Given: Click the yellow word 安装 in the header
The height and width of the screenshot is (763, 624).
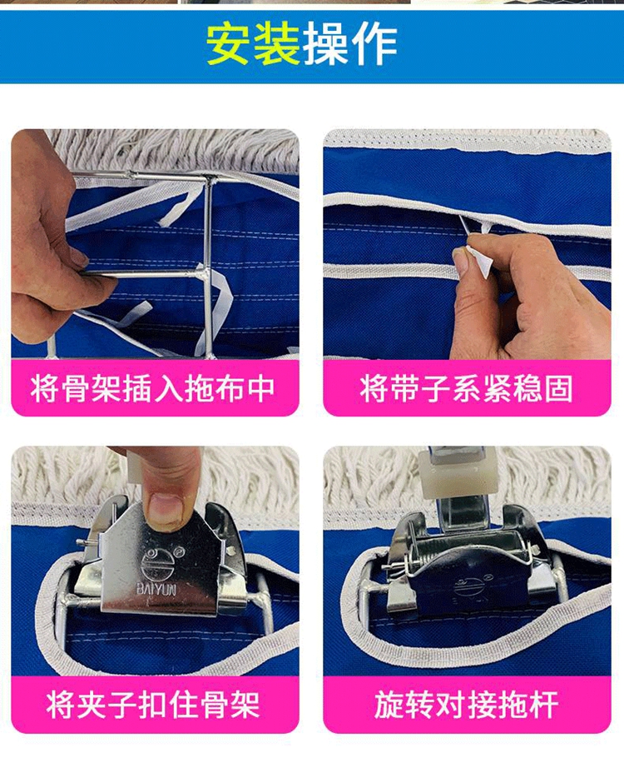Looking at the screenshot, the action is point(253,44).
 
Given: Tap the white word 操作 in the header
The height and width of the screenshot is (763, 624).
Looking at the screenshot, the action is point(350,44).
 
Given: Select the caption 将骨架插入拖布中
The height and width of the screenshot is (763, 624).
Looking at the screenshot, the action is point(153,388).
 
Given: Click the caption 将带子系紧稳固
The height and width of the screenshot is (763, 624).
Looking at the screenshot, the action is point(466,388).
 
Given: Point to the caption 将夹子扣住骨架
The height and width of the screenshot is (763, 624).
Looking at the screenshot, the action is point(153,704).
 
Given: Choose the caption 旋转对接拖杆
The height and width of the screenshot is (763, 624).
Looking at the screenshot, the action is point(466,704).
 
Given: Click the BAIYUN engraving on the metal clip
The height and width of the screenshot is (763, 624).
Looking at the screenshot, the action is point(156,589).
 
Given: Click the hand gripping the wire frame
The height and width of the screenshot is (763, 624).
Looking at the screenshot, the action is point(48,238).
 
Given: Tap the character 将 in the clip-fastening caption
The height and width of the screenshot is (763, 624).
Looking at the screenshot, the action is point(60,704).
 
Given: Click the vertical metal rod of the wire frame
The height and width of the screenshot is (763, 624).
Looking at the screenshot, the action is point(209,267).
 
